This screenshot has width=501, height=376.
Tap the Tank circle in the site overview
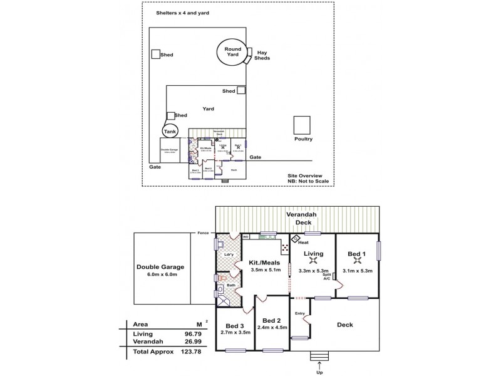(169, 131)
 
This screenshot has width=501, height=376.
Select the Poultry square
(302, 123)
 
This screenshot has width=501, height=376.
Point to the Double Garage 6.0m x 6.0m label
(160, 270)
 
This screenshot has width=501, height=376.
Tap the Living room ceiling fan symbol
(312, 261)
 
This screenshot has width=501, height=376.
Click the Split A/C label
(326, 277)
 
